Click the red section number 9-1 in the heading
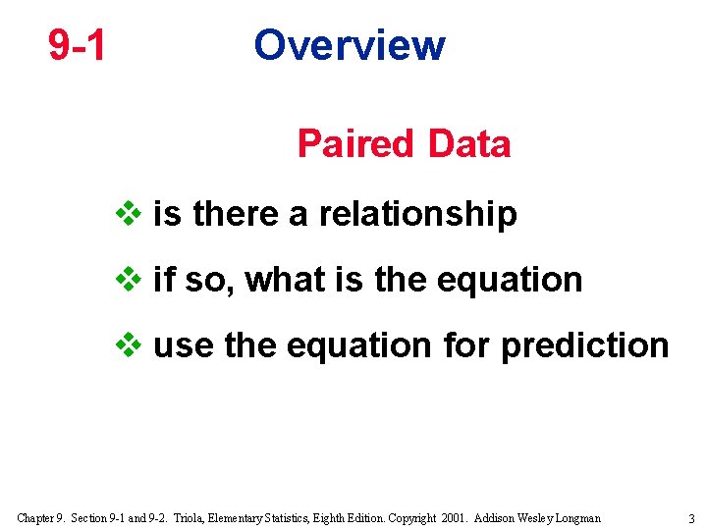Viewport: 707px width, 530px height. [x=78, y=45]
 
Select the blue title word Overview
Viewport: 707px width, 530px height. [x=349, y=45]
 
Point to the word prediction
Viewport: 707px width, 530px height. [x=584, y=345]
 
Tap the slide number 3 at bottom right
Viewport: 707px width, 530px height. [x=691, y=518]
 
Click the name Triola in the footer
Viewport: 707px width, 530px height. [x=194, y=518]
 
